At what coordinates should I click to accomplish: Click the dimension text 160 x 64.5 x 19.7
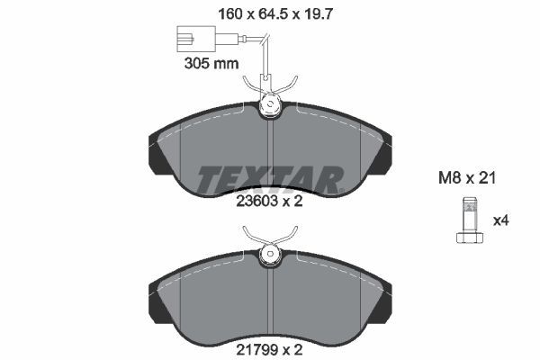[270, 13]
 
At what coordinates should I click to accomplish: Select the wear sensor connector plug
[193, 40]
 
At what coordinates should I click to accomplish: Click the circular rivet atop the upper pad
[270, 106]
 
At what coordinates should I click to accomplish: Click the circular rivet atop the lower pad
[270, 256]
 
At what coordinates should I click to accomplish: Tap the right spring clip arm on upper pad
[289, 88]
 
